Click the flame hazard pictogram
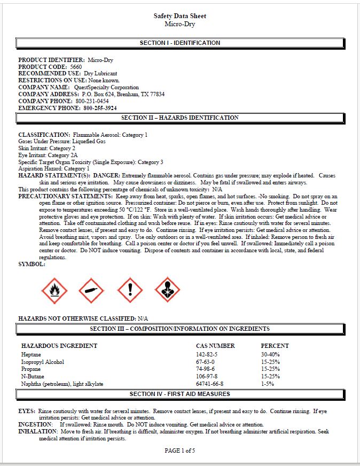(x=54, y=290)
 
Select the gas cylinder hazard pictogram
(x=91, y=290)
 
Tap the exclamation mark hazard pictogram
(x=130, y=290)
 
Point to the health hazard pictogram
(x=168, y=290)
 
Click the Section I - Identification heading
(x=179, y=43)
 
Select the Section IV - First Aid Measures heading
(x=179, y=394)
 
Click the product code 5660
(x=76, y=67)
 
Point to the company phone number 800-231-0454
(x=92, y=101)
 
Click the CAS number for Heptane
(x=207, y=354)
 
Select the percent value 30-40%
(x=270, y=354)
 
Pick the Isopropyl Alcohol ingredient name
(x=43, y=362)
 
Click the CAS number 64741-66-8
(x=210, y=384)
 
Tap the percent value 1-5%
(x=267, y=384)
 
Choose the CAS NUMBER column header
(x=215, y=346)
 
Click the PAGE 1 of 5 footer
(x=180, y=451)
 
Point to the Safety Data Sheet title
(x=179, y=16)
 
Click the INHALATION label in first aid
(x=38, y=431)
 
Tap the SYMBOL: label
(x=32, y=264)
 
